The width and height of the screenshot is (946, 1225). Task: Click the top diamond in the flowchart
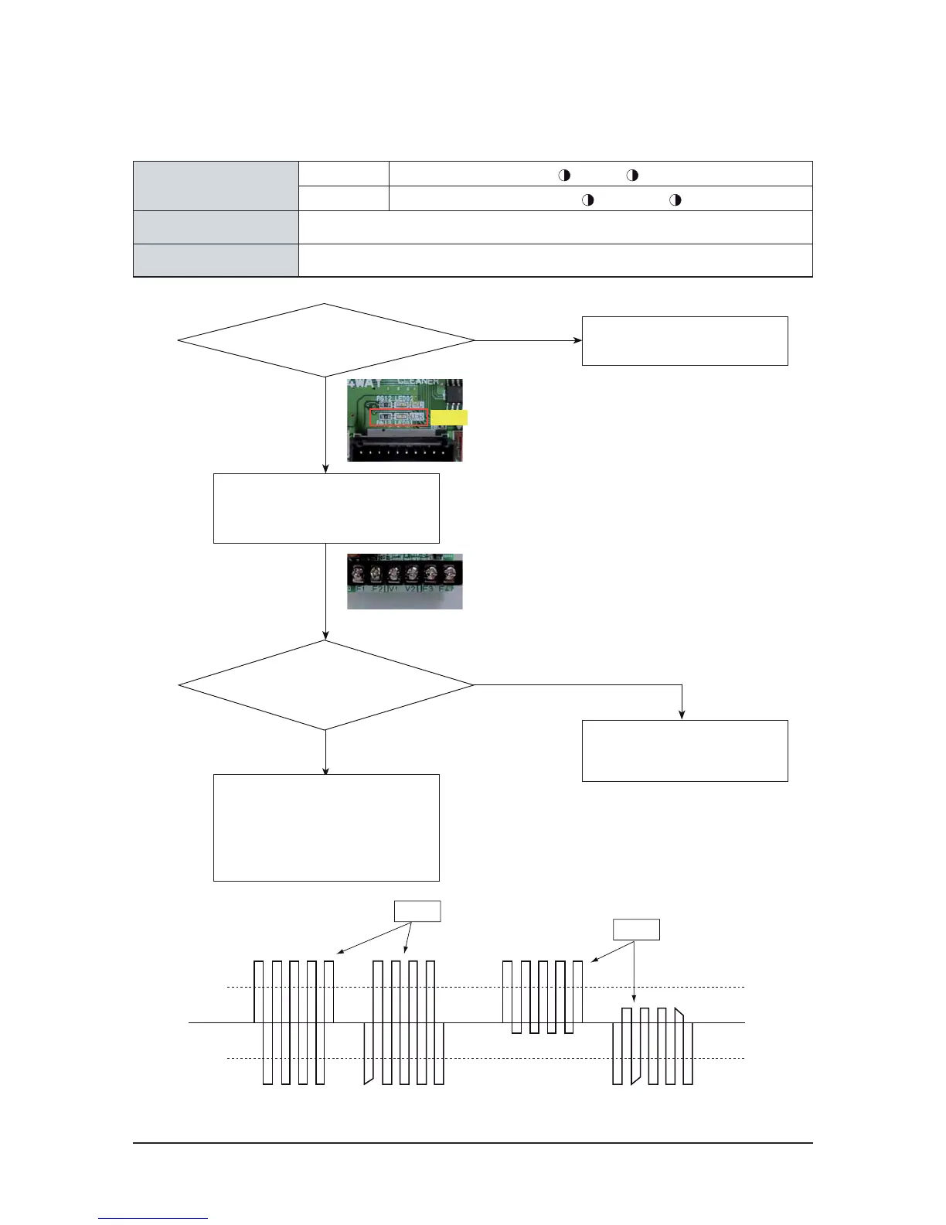click(x=325, y=340)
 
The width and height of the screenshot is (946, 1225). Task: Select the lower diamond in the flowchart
click(x=325, y=685)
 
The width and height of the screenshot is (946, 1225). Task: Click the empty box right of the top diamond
click(x=684, y=340)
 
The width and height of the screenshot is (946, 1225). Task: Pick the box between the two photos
click(x=326, y=508)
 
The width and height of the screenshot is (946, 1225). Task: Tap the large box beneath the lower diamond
click(x=326, y=827)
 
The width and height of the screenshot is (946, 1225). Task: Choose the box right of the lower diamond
click(x=684, y=750)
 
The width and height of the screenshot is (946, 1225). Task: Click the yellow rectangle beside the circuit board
click(x=449, y=418)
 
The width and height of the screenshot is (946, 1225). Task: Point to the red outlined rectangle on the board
click(x=399, y=418)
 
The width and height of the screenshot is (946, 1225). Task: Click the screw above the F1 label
click(x=359, y=573)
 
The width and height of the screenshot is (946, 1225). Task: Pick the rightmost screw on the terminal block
click(x=447, y=573)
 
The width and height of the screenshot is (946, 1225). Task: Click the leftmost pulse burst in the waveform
click(x=294, y=1022)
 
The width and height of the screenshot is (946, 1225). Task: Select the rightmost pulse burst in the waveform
click(x=652, y=1046)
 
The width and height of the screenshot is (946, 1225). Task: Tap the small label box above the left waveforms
click(x=417, y=911)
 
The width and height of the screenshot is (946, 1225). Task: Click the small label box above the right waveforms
click(x=636, y=929)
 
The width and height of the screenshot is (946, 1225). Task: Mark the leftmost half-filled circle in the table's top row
click(x=564, y=175)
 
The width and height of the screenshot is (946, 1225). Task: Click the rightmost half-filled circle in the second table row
click(x=675, y=200)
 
